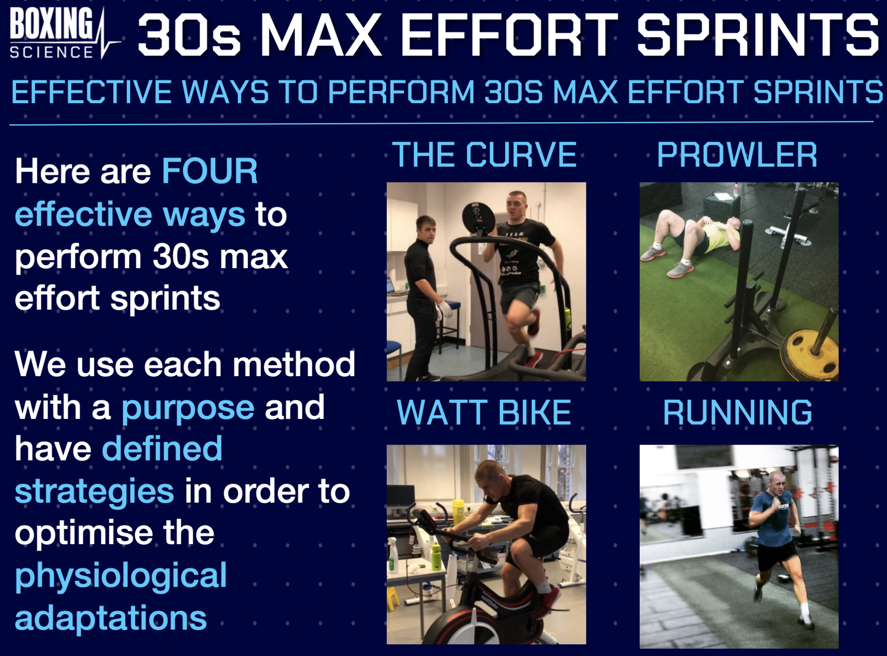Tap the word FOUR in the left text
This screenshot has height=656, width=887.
210,171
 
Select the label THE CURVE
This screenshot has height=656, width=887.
485,155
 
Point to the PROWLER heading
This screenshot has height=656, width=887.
737,155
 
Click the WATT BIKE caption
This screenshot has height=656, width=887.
484,412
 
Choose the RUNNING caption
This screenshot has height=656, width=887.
738,412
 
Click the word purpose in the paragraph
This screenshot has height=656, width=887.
188,409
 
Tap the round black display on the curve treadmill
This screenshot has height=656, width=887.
479,219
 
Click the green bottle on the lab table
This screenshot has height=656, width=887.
436,556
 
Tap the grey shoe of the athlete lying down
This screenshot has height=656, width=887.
680,269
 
